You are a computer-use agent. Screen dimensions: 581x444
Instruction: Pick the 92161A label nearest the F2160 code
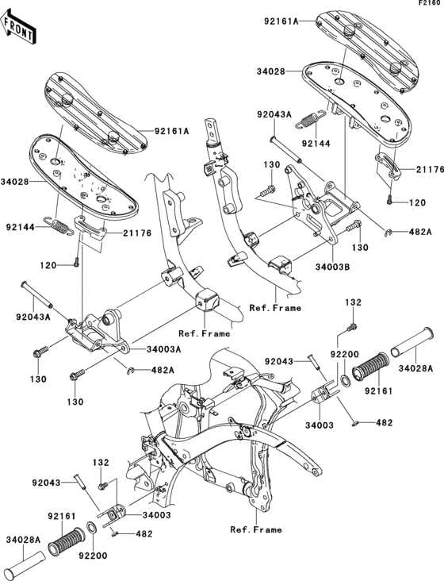click(x=281, y=22)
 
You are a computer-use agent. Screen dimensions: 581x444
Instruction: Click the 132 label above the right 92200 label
click(x=352, y=303)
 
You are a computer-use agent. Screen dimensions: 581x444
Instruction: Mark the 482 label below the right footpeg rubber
click(x=384, y=423)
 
